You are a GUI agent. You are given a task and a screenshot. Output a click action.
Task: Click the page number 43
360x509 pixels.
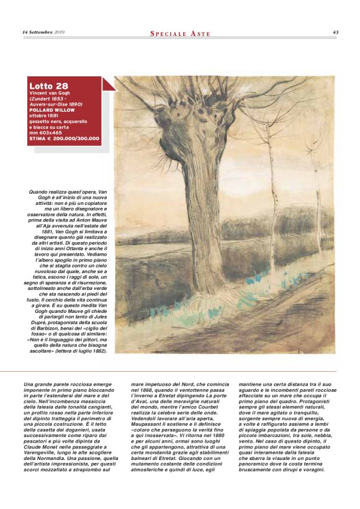pyautogui.click(x=335, y=32)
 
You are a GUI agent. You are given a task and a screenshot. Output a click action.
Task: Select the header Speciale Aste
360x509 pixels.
pyautogui.click(x=179, y=33)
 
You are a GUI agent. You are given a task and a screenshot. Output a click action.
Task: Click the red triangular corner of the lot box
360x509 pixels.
pyautogui.click(x=108, y=83)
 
